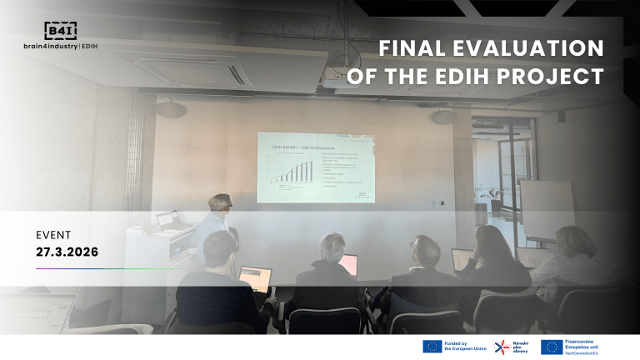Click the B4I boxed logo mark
click(61, 30)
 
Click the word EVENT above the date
click(53, 235)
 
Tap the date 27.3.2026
click(67, 251)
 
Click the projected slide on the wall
click(314, 167)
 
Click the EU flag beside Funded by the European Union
click(432, 347)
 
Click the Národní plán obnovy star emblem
click(503, 347)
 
